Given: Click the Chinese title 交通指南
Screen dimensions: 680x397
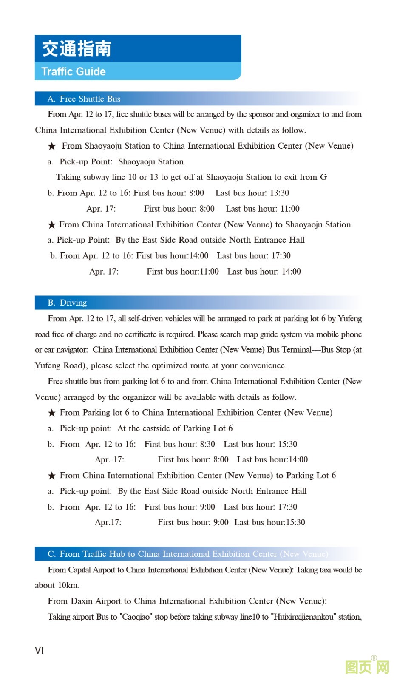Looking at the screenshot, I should coord(77,49).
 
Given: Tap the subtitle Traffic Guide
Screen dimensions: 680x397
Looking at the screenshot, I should coord(74,71).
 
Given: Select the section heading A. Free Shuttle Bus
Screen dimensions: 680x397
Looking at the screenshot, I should coord(84,99).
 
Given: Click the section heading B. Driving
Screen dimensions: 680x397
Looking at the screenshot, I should coord(67,303).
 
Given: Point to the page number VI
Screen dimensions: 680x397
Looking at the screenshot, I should coord(39,650).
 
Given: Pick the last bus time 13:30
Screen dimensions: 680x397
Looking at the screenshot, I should coord(279,193).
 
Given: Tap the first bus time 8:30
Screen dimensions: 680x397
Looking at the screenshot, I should coord(207,444).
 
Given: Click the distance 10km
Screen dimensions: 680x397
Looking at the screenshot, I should coord(68,585).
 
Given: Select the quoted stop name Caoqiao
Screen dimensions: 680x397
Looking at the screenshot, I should coord(136,617).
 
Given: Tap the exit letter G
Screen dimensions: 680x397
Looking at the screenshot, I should coord(323,177).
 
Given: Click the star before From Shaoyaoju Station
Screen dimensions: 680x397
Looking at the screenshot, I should coord(52,146).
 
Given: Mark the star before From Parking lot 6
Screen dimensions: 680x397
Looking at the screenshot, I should coord(52,413).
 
